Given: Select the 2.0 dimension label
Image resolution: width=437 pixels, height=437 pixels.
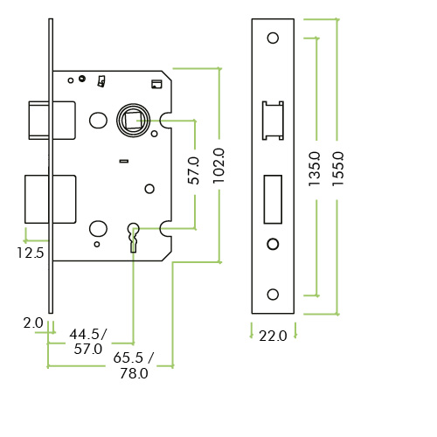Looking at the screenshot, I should click(x=33, y=323).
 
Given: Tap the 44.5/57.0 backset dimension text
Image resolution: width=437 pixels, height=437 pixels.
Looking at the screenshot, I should click(x=87, y=342).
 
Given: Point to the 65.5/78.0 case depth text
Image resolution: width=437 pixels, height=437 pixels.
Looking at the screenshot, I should click(x=132, y=365).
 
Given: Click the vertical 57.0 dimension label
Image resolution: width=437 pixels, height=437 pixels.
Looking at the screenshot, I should click(x=194, y=170).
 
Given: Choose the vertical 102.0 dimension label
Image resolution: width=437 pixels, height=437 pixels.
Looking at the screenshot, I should click(x=219, y=165).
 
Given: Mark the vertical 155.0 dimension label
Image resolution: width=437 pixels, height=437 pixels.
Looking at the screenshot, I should click(x=338, y=167).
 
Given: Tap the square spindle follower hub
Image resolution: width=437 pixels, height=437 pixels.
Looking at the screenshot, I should click(x=133, y=119).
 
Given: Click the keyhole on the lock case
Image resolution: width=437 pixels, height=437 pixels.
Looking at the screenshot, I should click(x=134, y=235).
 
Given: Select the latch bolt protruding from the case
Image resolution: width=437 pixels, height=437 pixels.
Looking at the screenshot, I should click(x=39, y=119).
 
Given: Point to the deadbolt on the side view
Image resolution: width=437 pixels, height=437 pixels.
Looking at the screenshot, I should click(x=37, y=199).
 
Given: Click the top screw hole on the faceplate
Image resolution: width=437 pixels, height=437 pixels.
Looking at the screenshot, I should click(x=273, y=38).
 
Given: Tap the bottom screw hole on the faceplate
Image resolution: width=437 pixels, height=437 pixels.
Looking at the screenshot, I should click(x=273, y=294).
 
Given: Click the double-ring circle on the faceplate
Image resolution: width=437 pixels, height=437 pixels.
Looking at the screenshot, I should click(x=273, y=243).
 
